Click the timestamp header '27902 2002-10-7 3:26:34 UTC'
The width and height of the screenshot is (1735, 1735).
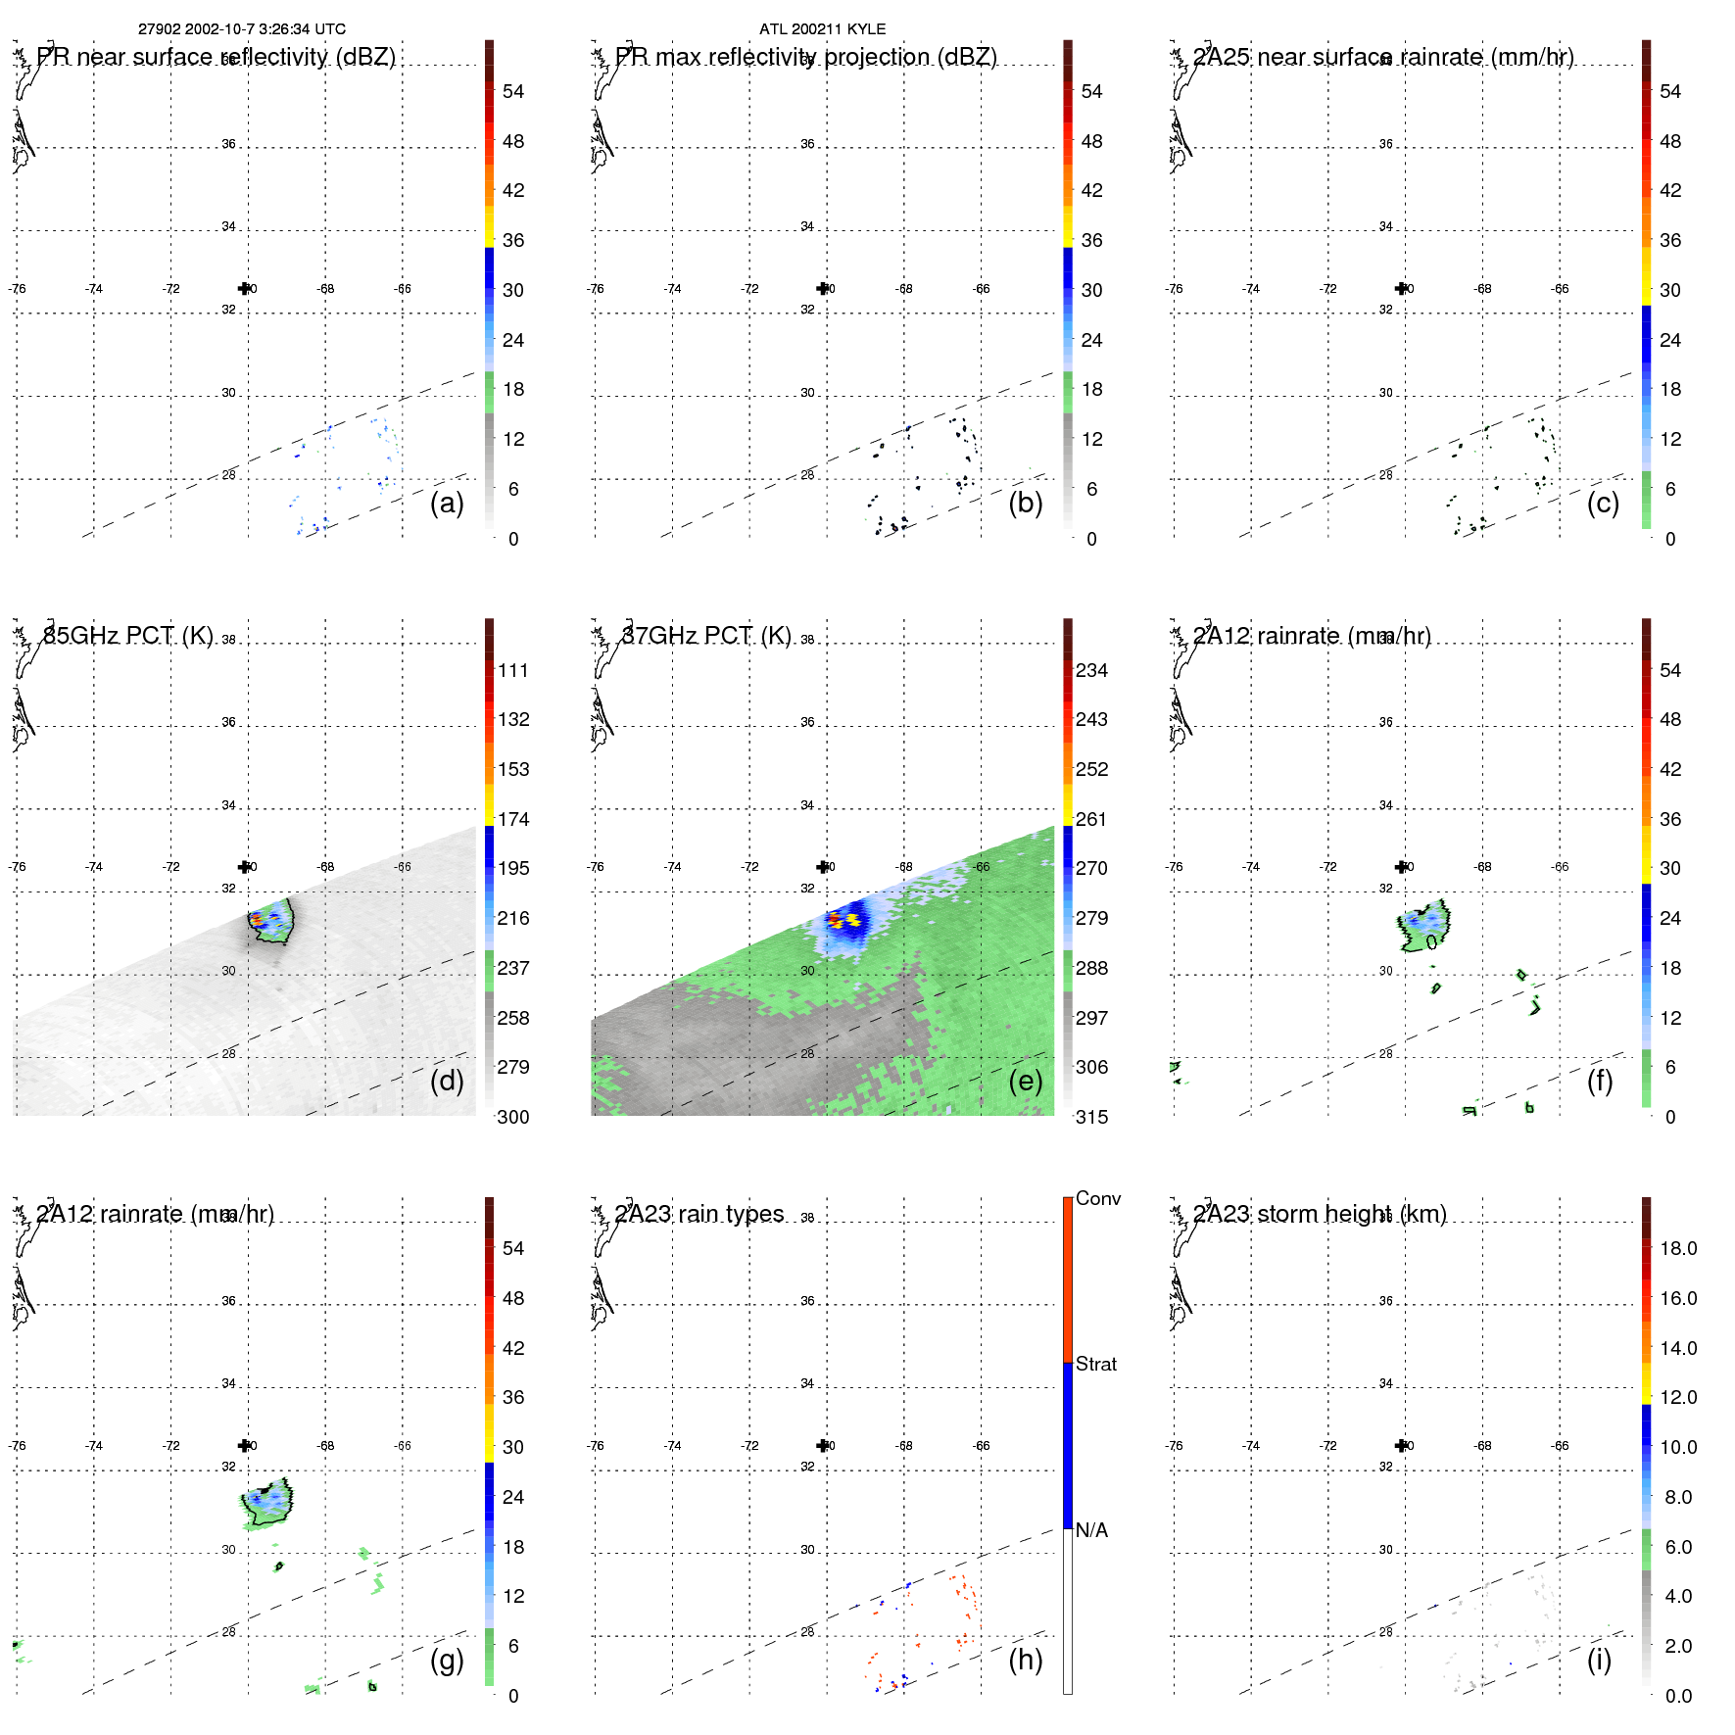click(241, 29)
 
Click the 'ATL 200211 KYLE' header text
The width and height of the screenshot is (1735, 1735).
click(822, 29)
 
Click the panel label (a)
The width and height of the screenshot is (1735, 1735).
click(447, 503)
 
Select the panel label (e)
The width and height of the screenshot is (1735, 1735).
click(1025, 1081)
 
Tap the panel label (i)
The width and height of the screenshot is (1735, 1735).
click(1599, 1660)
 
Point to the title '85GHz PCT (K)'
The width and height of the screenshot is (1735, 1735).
click(127, 636)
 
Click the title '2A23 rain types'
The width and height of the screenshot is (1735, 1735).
click(699, 1214)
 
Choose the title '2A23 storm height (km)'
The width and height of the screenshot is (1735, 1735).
click(1319, 1214)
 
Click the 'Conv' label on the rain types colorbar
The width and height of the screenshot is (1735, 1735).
click(1097, 1198)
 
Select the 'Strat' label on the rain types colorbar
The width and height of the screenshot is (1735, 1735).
click(1095, 1364)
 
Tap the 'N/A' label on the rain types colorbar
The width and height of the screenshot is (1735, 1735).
click(1091, 1530)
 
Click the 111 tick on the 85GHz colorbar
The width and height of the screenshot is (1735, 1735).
click(512, 670)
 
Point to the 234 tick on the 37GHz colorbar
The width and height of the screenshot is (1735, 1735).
click(1091, 670)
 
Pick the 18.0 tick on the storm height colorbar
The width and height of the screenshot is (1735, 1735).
click(1677, 1248)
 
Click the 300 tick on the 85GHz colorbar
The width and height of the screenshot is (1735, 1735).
click(512, 1117)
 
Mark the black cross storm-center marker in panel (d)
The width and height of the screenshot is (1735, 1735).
click(244, 867)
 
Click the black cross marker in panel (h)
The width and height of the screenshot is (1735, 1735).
click(823, 1445)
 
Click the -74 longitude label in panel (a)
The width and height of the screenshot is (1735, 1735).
click(94, 289)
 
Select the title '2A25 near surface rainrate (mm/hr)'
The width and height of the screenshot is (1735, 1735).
click(1382, 57)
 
